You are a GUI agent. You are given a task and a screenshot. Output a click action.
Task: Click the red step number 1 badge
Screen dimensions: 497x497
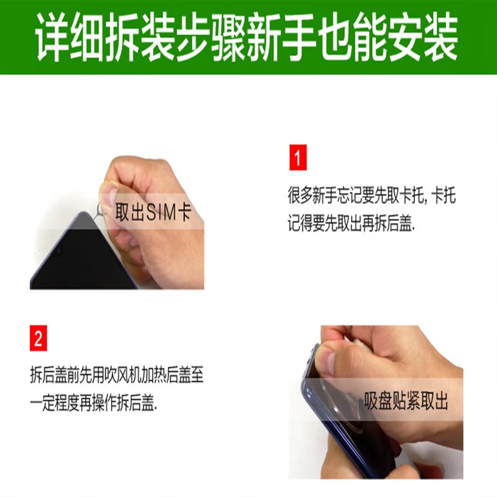pyautogui.click(x=298, y=157)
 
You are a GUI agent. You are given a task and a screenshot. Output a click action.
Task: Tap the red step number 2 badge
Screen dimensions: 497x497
pyautogui.click(x=39, y=338)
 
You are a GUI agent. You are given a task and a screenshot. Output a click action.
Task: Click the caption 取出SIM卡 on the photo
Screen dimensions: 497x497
pyautogui.click(x=153, y=212)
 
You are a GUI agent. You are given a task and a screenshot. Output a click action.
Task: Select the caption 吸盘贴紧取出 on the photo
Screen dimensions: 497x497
pyautogui.click(x=406, y=401)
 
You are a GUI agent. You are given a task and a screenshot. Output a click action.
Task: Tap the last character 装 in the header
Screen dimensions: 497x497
pyautogui.click(x=440, y=37)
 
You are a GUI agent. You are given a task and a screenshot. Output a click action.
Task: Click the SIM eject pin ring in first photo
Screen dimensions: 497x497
pyautogui.click(x=101, y=209)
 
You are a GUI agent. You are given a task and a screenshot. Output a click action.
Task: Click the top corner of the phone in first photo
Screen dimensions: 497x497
pyautogui.click(x=83, y=212)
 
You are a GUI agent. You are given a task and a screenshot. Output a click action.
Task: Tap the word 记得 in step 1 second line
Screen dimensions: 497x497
pyautogui.click(x=300, y=224)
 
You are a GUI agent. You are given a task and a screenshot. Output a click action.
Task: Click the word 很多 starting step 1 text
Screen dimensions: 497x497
pyautogui.click(x=300, y=195)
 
